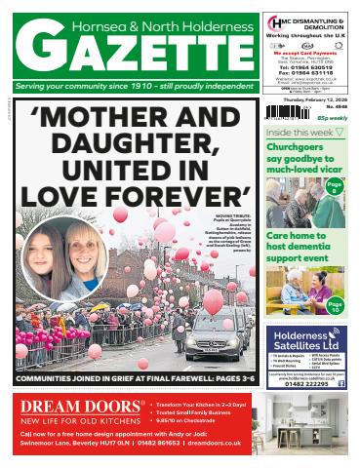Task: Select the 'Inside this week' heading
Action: coord(299,132)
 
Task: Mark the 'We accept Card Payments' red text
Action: coord(304,44)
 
